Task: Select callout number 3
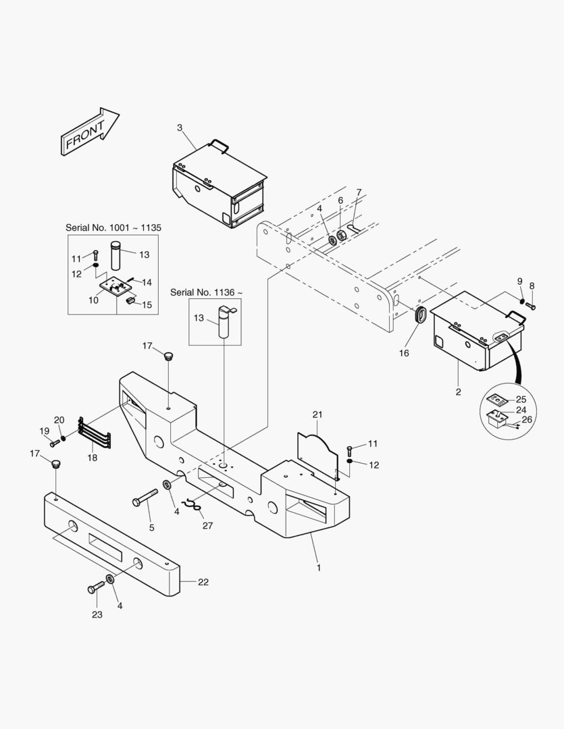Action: coord(180,128)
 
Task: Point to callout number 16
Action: coord(403,353)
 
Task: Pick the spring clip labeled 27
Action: coord(193,504)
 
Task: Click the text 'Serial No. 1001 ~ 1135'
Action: coord(113,228)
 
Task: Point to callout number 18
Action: coord(93,458)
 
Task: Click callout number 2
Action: coord(458,391)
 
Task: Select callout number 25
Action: coord(521,400)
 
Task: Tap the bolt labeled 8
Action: coord(530,306)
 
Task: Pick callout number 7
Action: coord(359,192)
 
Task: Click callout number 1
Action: coord(319,568)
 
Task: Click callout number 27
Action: coord(207,525)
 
